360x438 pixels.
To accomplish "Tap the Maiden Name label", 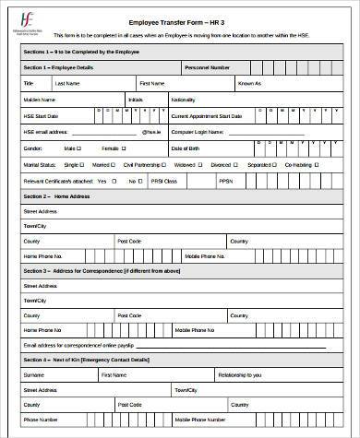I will [x=41, y=98].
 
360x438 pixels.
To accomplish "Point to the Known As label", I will [x=250, y=83].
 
